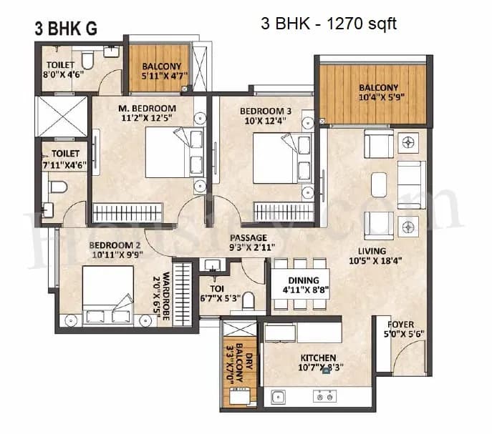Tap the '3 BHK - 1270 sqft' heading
point(329,24)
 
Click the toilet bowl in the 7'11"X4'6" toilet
point(59,187)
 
